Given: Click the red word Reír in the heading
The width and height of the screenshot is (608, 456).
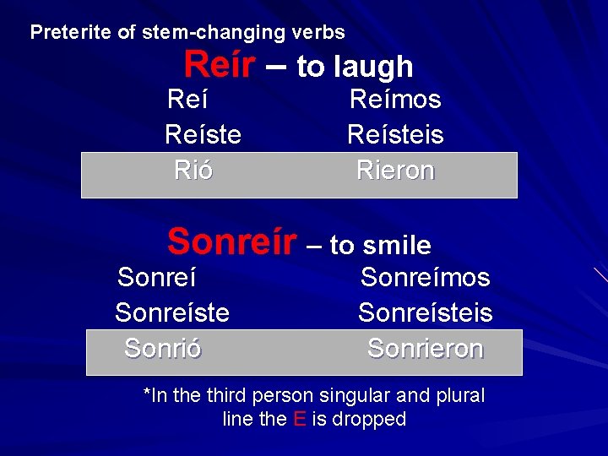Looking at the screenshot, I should (218, 64).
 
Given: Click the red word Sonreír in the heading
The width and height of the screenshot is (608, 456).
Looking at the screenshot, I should (232, 242).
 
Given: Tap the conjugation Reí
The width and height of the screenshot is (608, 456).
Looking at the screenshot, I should (187, 100).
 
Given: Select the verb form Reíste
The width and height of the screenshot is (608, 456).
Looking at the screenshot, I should (203, 134).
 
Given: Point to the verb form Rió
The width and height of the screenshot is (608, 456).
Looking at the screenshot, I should (193, 171).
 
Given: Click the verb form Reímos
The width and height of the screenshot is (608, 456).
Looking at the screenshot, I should (395, 100).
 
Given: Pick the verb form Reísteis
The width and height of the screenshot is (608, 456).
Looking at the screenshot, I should (395, 134).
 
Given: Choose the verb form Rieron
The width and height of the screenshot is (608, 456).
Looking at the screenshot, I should (395, 171).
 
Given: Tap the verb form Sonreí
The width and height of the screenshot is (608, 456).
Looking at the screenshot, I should (157, 277).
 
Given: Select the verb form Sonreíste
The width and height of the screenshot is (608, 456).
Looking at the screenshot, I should (172, 312).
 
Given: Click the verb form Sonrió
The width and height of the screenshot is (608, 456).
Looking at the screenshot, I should (162, 348).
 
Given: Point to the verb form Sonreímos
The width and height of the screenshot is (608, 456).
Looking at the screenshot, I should (425, 277).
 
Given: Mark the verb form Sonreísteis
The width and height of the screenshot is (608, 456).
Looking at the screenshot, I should (425, 312).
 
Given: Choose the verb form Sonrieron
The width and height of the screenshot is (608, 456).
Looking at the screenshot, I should (425, 348).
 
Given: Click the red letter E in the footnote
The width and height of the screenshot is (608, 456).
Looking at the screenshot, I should (299, 419).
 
